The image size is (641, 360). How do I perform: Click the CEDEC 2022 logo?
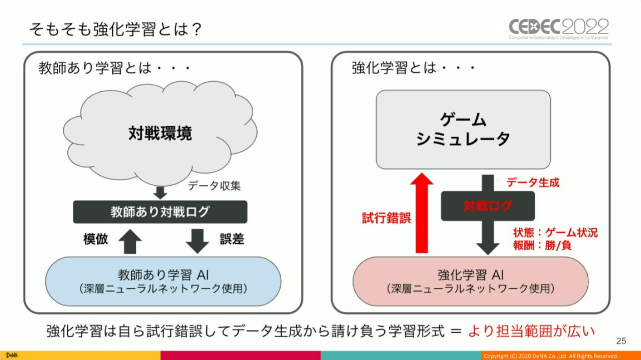558,29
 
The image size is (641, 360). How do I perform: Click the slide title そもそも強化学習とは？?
115,29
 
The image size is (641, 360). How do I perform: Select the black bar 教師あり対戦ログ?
160,212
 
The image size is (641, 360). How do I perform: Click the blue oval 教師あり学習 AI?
163,281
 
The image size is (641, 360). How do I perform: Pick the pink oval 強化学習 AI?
471,281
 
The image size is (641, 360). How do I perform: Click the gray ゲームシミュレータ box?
463,129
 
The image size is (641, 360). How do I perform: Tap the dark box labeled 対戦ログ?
487,206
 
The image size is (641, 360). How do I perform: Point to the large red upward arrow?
422,213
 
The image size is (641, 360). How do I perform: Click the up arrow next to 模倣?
130,242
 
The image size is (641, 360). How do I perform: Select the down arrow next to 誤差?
197,241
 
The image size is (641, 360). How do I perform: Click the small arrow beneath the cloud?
160,193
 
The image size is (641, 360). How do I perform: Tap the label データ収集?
214,186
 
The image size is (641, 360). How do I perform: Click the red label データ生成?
533,182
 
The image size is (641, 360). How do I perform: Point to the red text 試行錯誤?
386,218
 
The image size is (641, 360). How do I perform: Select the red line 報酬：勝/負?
542,245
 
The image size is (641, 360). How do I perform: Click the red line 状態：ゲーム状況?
556,233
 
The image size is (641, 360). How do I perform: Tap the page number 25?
621,341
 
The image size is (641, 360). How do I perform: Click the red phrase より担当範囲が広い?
532,331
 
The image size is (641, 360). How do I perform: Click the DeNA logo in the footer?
11,355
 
